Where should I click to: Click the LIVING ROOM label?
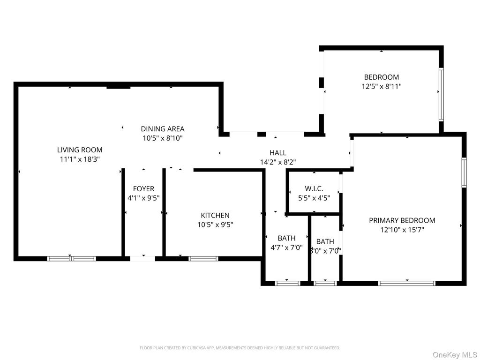(80, 150)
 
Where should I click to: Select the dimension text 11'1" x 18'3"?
(80, 159)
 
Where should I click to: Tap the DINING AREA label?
(163, 128)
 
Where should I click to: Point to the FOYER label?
(143, 188)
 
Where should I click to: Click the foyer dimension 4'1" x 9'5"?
(143, 198)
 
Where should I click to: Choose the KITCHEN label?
(215, 215)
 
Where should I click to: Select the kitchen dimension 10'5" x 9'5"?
(215, 225)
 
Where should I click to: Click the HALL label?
(278, 153)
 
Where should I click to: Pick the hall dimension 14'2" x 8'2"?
(278, 162)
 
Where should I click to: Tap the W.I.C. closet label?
(314, 188)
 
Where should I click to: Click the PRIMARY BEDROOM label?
(402, 220)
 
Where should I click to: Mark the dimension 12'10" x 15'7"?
(402, 230)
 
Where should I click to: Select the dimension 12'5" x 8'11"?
(382, 86)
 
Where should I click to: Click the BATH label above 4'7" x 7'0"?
(286, 238)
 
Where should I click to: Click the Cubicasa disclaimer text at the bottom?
(240, 348)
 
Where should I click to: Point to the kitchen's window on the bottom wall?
(203, 258)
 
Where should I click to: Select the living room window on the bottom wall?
(72, 258)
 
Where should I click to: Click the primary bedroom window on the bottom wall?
(406, 283)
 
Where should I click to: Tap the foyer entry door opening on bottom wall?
(142, 258)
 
